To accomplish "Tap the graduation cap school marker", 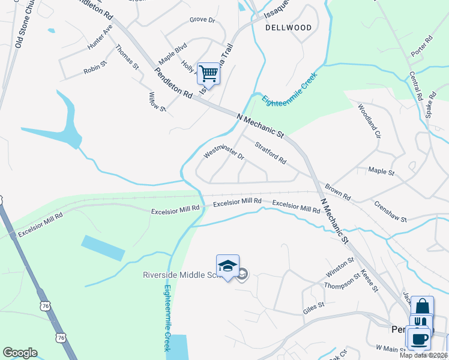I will click(228, 267).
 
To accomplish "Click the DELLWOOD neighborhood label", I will click(289, 28).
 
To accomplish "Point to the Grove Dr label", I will click(202, 20).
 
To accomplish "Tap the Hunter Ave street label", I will click(100, 37).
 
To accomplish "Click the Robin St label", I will click(95, 70).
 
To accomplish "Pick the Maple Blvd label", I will click(173, 53).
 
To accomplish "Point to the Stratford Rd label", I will click(271, 153).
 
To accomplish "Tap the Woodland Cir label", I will click(369, 121).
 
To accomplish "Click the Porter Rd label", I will click(422, 46).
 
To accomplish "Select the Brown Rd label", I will click(338, 193).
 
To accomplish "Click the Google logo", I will click(20, 353).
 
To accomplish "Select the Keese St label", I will click(369, 280).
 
